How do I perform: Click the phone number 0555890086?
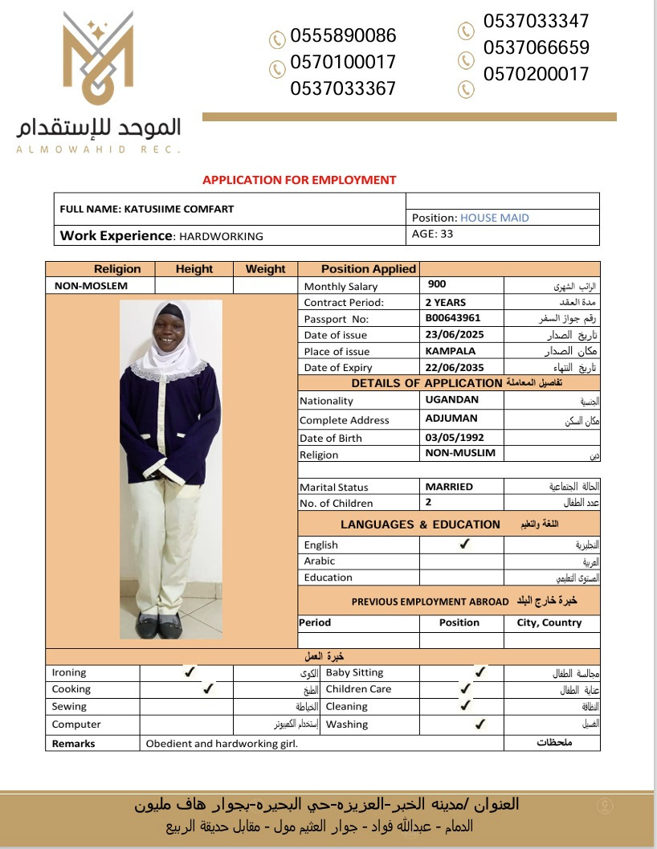click(343, 35)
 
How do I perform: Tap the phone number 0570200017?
click(536, 74)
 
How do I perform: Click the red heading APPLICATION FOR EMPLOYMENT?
click(299, 180)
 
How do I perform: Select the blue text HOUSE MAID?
click(494, 218)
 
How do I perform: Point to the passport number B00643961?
click(453, 318)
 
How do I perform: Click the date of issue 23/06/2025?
click(455, 334)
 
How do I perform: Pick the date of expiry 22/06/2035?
click(455, 367)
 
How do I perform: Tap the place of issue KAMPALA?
click(450, 351)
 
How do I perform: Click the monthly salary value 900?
click(437, 284)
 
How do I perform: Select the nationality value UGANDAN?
click(451, 399)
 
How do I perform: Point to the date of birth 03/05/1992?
click(455, 438)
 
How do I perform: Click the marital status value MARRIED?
click(449, 486)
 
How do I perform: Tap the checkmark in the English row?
click(464, 544)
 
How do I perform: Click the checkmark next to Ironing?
click(190, 671)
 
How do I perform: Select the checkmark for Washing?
click(479, 724)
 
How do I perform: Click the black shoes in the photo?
click(158, 626)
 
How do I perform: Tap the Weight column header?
click(265, 269)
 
